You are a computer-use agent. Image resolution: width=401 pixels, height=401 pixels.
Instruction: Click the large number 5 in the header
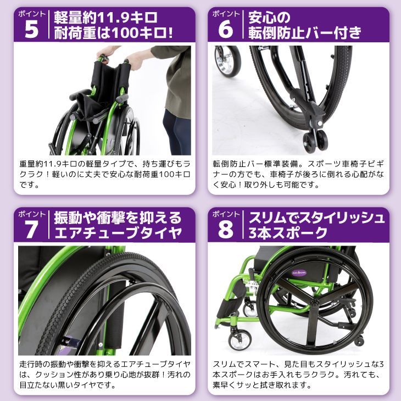click(31, 29)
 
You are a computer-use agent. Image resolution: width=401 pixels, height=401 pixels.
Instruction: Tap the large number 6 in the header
click(225, 29)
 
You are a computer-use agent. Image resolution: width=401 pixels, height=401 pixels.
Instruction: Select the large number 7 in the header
click(31, 229)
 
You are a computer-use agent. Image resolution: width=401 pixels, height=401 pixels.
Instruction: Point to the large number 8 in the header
click(225, 229)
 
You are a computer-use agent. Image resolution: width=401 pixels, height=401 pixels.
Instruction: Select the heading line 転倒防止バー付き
click(304, 33)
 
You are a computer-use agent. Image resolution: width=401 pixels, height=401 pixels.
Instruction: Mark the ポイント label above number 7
click(31, 213)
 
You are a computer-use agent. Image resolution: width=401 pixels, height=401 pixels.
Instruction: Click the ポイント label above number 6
click(225, 13)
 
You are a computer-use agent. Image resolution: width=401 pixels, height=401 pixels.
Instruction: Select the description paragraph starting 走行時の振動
click(104, 374)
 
